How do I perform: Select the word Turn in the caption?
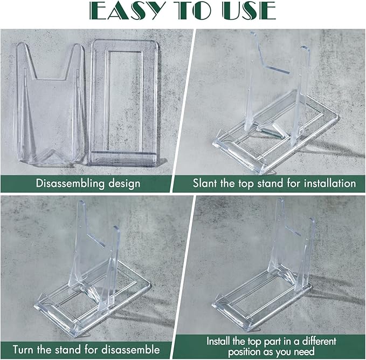23,350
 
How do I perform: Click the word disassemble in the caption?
130,350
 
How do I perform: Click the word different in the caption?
319,342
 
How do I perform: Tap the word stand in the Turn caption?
68,350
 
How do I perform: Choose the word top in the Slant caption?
246,184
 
